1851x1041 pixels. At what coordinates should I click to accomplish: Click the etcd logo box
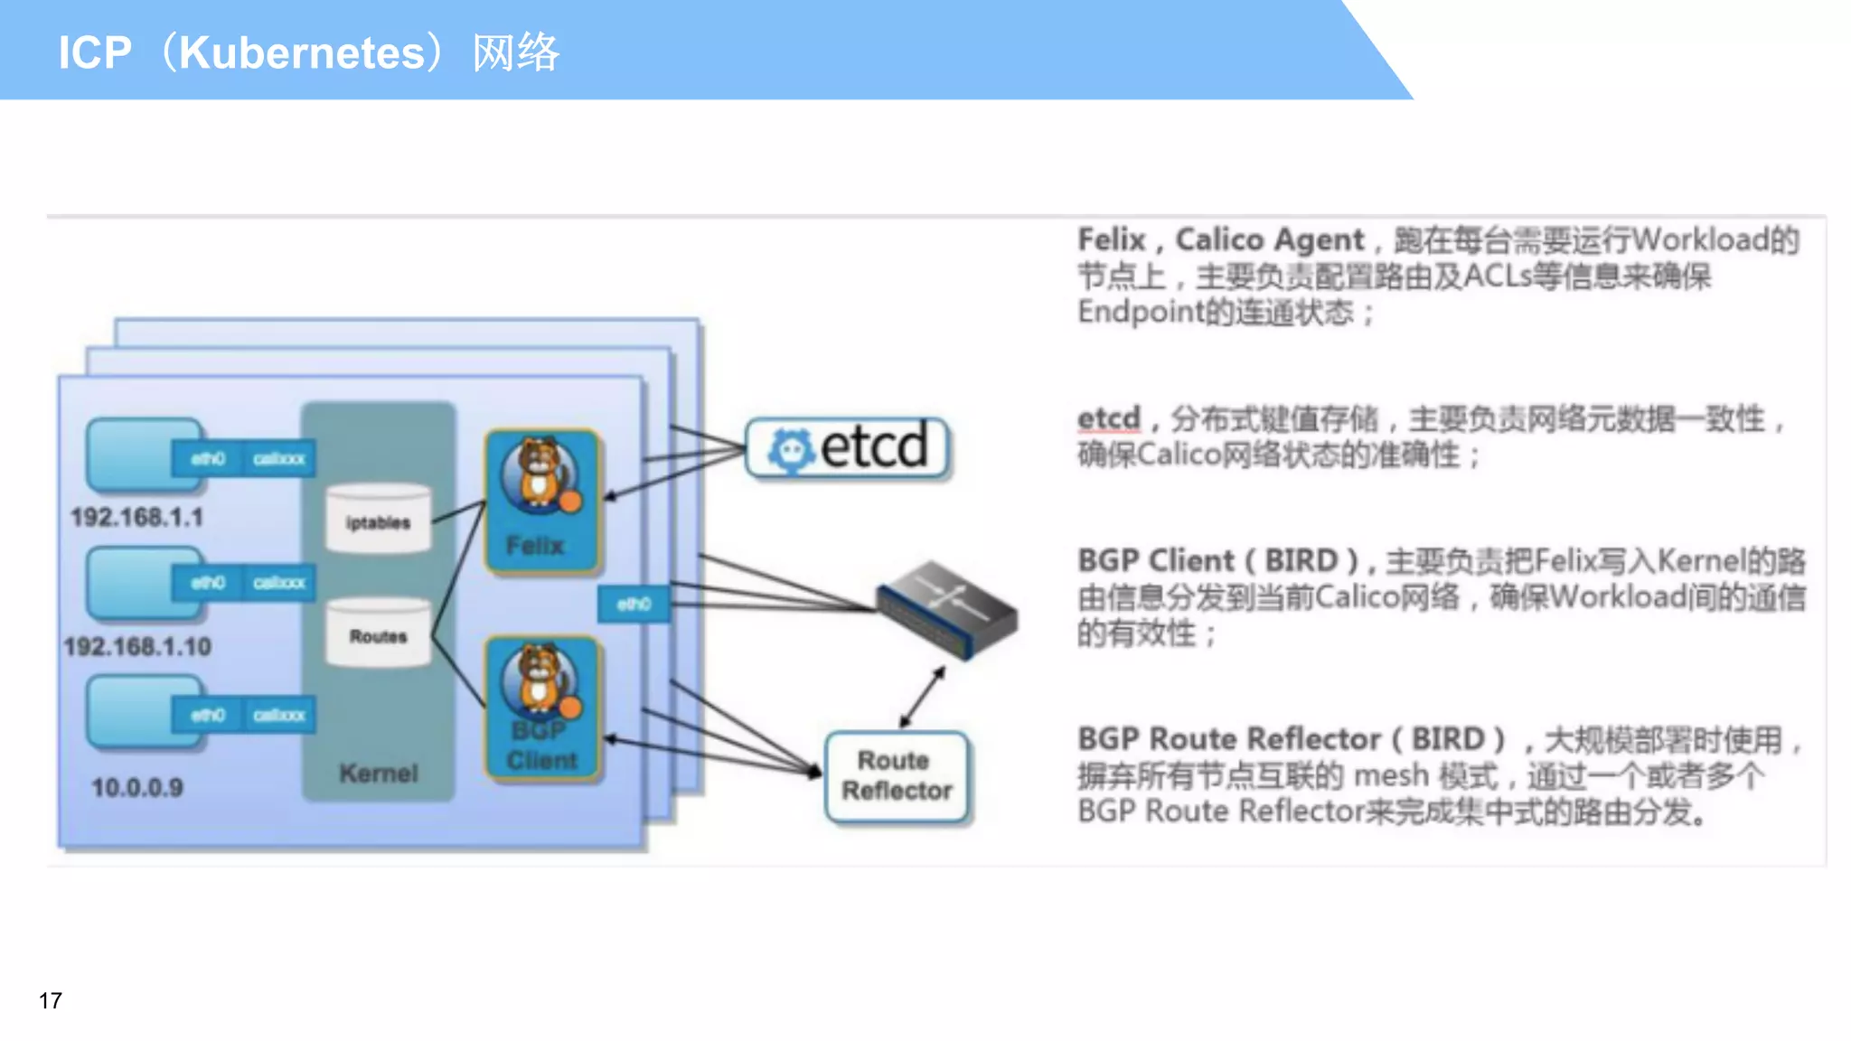point(848,447)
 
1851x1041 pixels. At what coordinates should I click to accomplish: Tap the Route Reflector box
point(897,776)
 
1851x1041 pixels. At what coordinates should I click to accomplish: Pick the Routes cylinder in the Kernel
point(378,633)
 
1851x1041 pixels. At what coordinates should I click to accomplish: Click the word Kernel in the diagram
point(378,774)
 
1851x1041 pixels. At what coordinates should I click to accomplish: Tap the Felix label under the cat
point(534,546)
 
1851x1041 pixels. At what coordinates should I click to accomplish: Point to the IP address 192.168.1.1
point(136,517)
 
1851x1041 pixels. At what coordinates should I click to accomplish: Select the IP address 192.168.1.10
point(137,647)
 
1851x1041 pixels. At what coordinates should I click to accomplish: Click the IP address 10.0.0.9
point(137,788)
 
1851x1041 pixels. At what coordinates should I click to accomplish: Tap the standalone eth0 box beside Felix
point(634,604)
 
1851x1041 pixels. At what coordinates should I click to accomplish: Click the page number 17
point(51,1000)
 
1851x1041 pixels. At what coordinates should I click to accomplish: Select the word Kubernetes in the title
point(302,52)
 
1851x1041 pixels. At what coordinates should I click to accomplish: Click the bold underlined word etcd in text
point(1109,419)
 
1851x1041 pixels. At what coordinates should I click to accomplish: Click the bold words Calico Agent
point(1269,240)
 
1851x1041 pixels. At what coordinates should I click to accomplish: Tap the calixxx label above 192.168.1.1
point(278,459)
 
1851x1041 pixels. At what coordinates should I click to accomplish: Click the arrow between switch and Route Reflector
point(923,697)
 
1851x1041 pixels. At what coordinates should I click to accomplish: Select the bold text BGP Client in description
point(1154,560)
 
